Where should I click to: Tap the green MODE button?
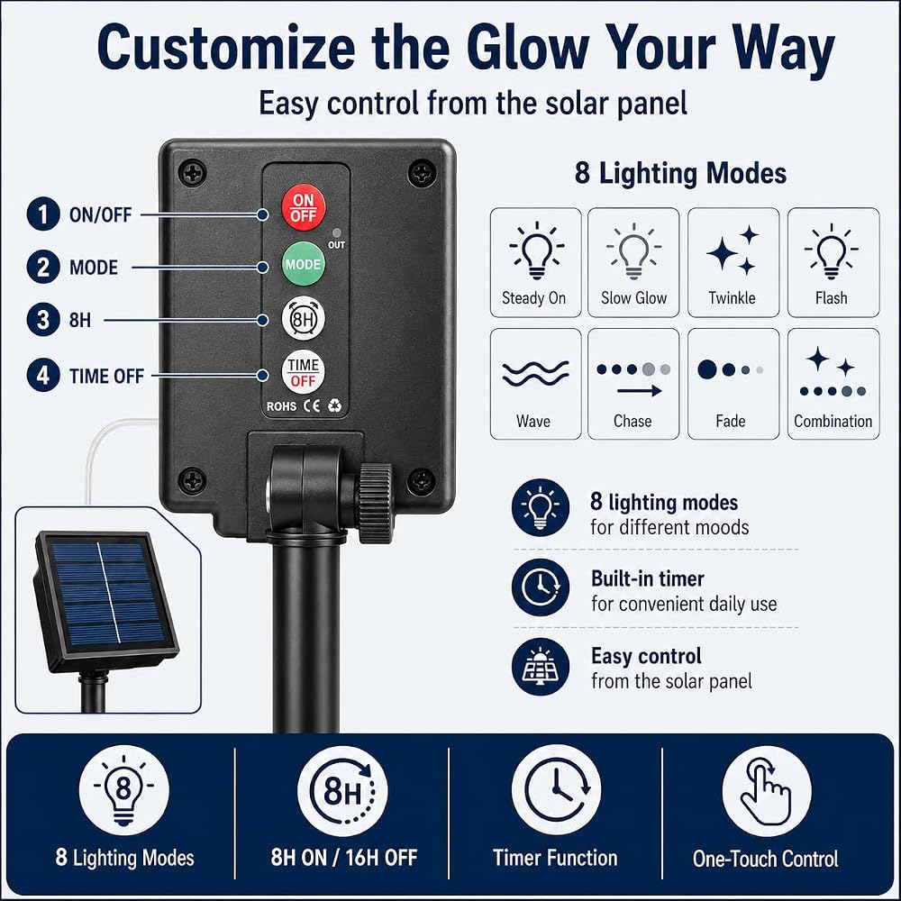click(x=304, y=264)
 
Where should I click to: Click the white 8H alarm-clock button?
click(x=304, y=318)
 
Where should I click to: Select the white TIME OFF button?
click(x=304, y=372)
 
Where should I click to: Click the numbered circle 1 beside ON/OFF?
click(x=43, y=214)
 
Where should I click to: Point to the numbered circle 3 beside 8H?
click(x=43, y=320)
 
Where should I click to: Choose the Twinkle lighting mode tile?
click(x=733, y=262)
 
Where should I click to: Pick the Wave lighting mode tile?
click(x=535, y=384)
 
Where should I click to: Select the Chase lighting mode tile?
click(x=633, y=384)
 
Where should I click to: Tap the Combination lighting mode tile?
click(x=833, y=384)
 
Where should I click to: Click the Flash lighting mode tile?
click(x=833, y=262)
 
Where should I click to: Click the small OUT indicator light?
click(x=337, y=232)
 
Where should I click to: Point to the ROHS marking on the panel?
click(x=281, y=406)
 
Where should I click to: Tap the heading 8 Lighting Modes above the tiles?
click(x=680, y=173)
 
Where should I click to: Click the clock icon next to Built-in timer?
click(x=541, y=587)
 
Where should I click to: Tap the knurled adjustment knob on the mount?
click(x=376, y=503)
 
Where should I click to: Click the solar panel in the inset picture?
click(x=105, y=601)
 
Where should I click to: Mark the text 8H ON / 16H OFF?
click(x=343, y=858)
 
